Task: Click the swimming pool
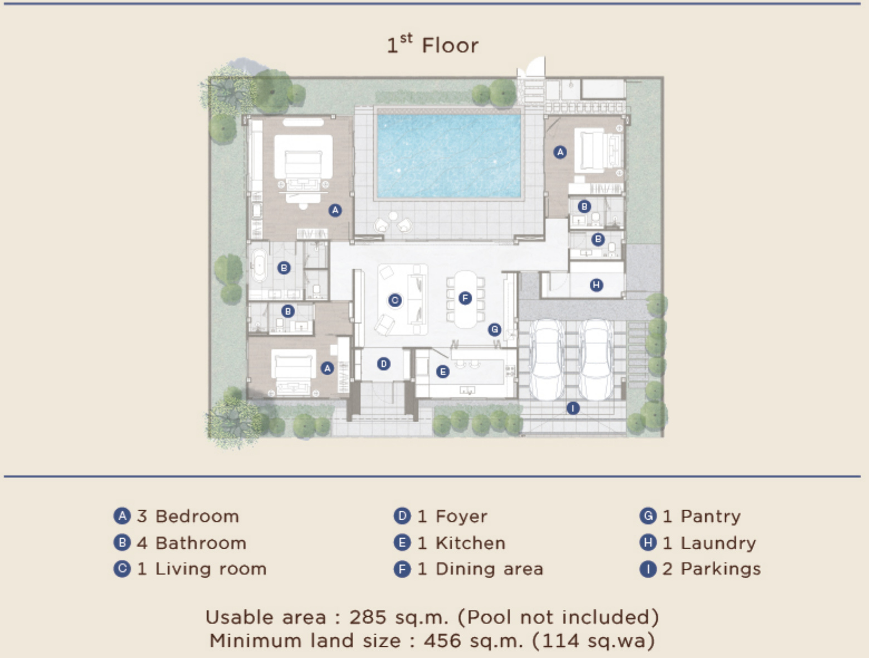[449, 156]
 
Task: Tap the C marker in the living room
[395, 300]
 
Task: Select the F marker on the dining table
[465, 298]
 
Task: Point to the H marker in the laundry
[596, 285]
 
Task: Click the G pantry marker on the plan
[495, 329]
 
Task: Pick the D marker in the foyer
[384, 364]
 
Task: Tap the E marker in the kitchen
[443, 371]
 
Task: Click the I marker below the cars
[573, 408]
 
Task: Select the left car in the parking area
[548, 360]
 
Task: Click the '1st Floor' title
[433, 44]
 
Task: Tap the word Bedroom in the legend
[197, 516]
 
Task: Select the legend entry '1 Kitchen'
[462, 543]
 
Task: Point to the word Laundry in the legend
[718, 543]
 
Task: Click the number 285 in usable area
[368, 617]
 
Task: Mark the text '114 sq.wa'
[594, 641]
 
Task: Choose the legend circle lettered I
[648, 569]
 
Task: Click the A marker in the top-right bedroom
[560, 152]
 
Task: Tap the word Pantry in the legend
[711, 516]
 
